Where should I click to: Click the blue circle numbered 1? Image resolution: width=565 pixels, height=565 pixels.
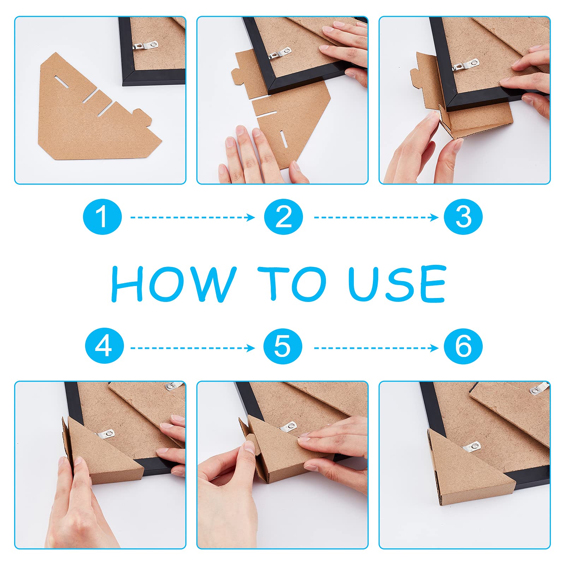(102, 217)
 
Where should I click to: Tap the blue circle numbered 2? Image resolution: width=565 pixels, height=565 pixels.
(284, 217)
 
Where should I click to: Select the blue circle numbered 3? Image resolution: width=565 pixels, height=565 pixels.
(463, 217)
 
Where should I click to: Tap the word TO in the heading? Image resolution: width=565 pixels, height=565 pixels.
(292, 284)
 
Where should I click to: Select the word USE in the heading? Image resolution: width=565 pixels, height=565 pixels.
(397, 284)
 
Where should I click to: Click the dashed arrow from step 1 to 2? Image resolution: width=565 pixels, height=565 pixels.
(193, 217)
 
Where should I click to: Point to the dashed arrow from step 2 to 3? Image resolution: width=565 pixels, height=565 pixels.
(376, 217)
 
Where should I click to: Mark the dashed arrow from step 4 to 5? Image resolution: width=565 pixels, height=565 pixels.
(193, 348)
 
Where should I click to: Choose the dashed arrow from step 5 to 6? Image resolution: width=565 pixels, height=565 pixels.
(376, 348)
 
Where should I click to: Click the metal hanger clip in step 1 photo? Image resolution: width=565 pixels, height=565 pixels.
(145, 46)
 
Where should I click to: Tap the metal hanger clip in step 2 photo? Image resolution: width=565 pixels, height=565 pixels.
(280, 53)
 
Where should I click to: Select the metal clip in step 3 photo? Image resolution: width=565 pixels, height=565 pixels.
(467, 64)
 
